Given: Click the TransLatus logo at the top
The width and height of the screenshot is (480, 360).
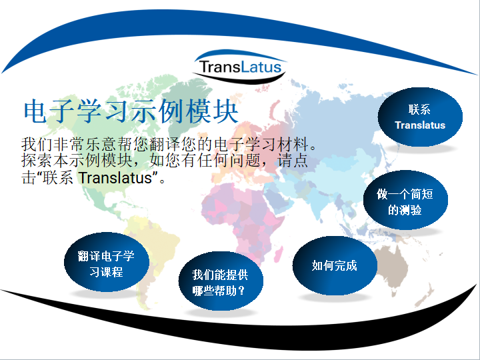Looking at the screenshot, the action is pos(240,67).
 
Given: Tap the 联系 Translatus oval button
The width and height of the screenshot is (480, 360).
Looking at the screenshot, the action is pos(420,117).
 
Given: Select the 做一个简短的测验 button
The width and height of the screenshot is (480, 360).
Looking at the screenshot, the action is pos(405,200).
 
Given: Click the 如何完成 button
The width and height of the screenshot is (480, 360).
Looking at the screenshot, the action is pos(335,265).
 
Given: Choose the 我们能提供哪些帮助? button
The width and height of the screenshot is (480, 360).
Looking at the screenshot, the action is pos(221,281).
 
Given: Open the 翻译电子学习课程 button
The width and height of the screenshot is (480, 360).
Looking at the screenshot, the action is pos(107,262).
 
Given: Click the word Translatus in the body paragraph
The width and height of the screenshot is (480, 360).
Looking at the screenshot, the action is pos(115,177).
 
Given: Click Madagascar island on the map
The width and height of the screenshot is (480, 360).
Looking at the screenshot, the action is pos(278,255).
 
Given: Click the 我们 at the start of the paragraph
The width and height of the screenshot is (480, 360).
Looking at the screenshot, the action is pos(37,144).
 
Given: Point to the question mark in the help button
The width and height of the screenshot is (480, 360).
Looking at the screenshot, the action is pos(242,290).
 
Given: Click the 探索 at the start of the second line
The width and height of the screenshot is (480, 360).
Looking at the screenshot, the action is pos(37,161).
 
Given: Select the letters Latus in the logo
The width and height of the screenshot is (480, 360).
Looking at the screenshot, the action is pos(261,67).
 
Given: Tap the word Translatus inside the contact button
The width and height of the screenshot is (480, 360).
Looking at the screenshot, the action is pos(420,125).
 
